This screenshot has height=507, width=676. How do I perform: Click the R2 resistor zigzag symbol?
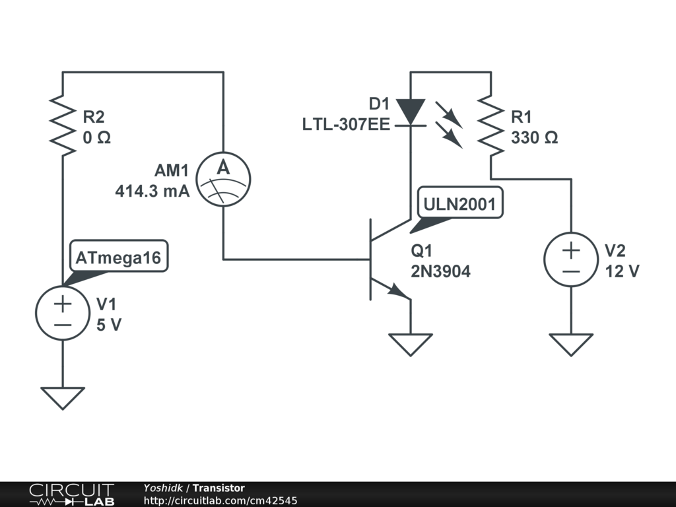tap(63, 125)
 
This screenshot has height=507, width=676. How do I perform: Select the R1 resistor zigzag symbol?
tap(490, 125)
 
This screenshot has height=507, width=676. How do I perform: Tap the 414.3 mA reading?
tap(152, 191)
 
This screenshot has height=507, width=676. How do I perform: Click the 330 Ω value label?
tap(535, 137)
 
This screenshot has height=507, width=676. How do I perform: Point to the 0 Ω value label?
tap(96, 137)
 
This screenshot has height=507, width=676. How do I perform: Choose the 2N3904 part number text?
tap(440, 271)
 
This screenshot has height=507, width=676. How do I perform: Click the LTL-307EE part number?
tap(346, 125)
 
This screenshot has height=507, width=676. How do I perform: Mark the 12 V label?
tap(622, 271)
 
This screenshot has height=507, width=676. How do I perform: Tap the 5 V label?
tap(109, 325)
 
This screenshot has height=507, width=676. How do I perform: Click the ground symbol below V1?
tap(63, 398)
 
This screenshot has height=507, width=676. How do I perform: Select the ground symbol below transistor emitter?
tap(411, 345)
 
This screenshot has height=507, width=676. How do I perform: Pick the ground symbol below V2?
tap(571, 345)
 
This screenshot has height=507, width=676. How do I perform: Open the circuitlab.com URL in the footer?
tap(220, 500)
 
